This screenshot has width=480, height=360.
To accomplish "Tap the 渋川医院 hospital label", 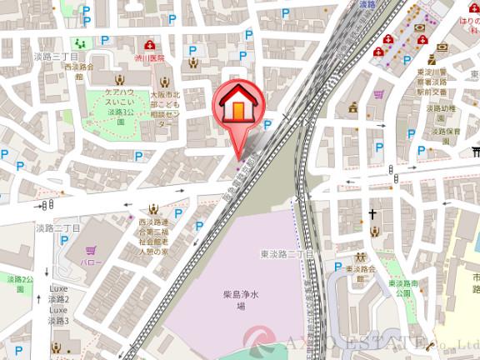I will pyautogui.click(x=150, y=59).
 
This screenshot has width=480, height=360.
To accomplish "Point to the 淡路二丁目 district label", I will pyautogui.click(x=61, y=227).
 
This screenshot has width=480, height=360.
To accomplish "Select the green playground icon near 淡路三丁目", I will pyautogui.click(x=79, y=42).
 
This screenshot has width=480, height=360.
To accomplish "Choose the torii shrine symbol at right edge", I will pyautogui.click(x=475, y=152).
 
